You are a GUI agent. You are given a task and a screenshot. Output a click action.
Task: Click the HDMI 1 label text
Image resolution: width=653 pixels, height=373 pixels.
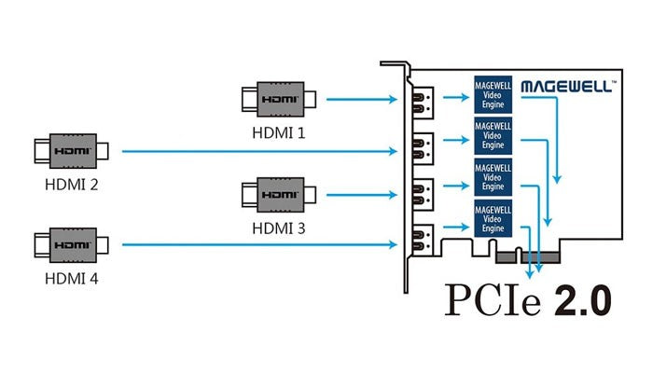click(x=278, y=132)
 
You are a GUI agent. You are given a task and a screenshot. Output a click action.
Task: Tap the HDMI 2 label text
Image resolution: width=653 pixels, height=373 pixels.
click(x=71, y=183)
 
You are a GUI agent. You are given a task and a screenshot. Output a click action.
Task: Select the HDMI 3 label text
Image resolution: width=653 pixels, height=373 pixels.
click(x=278, y=228)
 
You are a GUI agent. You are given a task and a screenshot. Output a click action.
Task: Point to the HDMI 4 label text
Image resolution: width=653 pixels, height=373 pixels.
click(x=71, y=278)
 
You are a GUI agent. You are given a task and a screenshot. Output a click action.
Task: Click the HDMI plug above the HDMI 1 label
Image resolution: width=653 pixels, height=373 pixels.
click(x=279, y=96)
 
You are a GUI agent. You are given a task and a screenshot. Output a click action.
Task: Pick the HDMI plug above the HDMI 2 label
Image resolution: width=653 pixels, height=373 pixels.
click(x=71, y=149)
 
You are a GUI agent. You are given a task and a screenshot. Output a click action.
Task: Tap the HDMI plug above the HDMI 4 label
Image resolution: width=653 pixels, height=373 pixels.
click(x=71, y=245)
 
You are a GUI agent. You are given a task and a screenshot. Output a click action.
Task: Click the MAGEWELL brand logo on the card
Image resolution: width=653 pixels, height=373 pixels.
click(x=566, y=86)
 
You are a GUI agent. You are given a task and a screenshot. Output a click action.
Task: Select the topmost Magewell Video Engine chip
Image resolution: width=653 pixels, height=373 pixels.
click(x=493, y=94)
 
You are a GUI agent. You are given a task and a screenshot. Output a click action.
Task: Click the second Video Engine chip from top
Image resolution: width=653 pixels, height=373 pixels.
click(x=493, y=136)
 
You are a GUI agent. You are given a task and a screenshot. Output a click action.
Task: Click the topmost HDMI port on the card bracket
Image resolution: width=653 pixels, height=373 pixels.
click(x=423, y=100)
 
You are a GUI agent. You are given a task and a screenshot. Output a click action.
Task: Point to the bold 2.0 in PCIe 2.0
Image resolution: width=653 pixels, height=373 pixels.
click(x=581, y=300)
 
